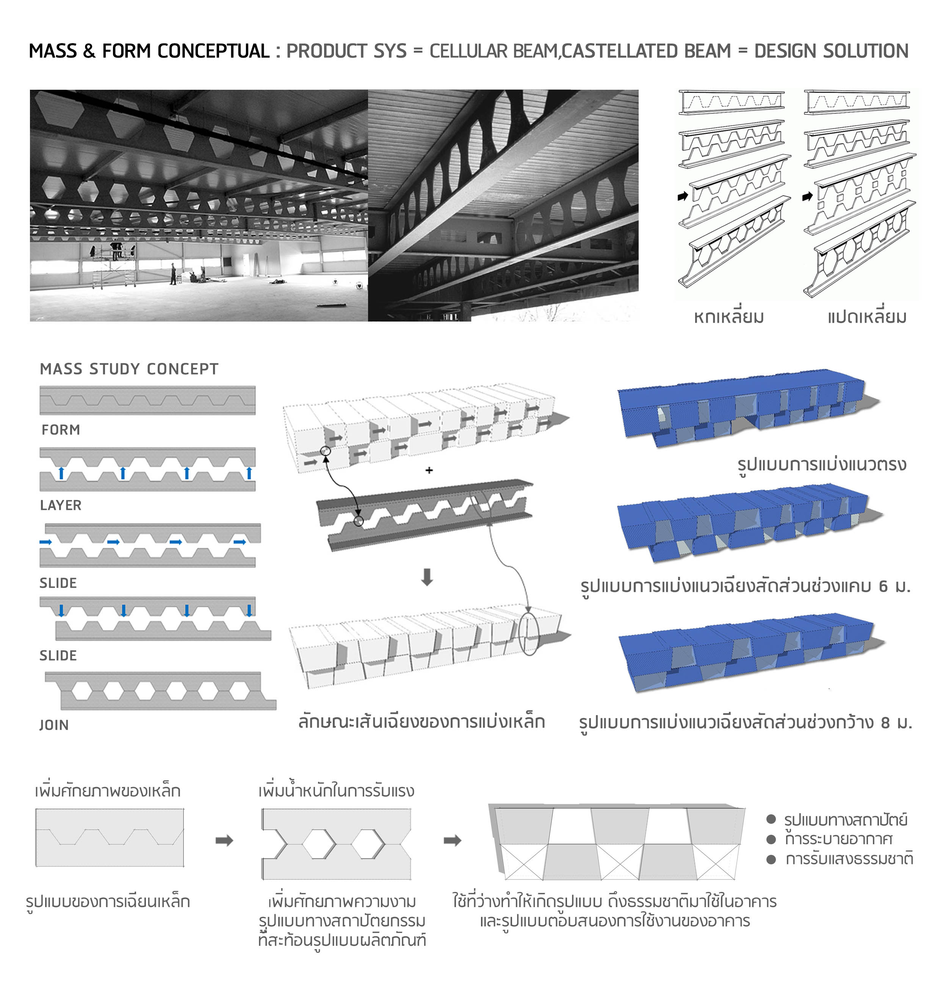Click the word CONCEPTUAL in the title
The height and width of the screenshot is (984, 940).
pyautogui.click(x=213, y=51)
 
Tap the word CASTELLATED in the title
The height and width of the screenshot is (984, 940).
pyautogui.click(x=646, y=51)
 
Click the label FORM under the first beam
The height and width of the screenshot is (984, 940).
pyautogui.click(x=61, y=430)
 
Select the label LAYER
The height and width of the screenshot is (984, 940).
pyautogui.click(x=61, y=505)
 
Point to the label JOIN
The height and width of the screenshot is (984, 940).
pyautogui.click(x=54, y=725)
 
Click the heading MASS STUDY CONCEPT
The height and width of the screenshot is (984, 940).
pyautogui.click(x=129, y=369)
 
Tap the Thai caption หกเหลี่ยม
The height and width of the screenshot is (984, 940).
pyautogui.click(x=728, y=317)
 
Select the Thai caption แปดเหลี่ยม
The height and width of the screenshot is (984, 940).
pyautogui.click(x=867, y=317)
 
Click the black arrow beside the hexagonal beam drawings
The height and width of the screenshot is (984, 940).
pyautogui.click(x=683, y=196)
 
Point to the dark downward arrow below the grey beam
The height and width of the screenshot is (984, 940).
pyautogui.click(x=427, y=577)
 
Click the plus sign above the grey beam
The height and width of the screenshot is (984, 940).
pyautogui.click(x=429, y=470)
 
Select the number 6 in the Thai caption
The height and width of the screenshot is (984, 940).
pyautogui.click(x=884, y=586)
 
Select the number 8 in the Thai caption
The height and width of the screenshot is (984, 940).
pyautogui.click(x=885, y=723)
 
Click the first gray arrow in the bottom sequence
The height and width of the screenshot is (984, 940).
pyautogui.click(x=224, y=840)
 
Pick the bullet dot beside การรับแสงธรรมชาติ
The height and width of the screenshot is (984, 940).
pyautogui.click(x=771, y=859)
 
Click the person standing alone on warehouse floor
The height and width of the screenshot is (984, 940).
pyautogui.click(x=173, y=274)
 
